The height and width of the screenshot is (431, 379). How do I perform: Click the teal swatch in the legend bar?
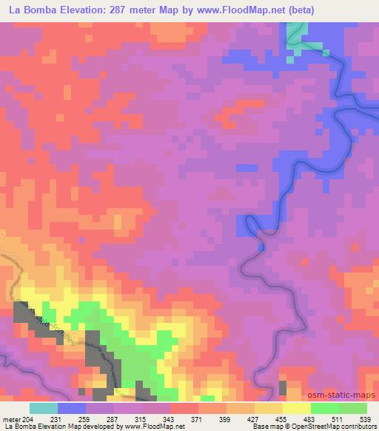coord(44,408)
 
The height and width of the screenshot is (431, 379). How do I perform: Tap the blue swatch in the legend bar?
coord(72,408)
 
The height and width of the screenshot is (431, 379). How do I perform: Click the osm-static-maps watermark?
coord(346,396)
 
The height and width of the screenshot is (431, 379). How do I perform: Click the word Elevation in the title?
coord(84,10)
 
